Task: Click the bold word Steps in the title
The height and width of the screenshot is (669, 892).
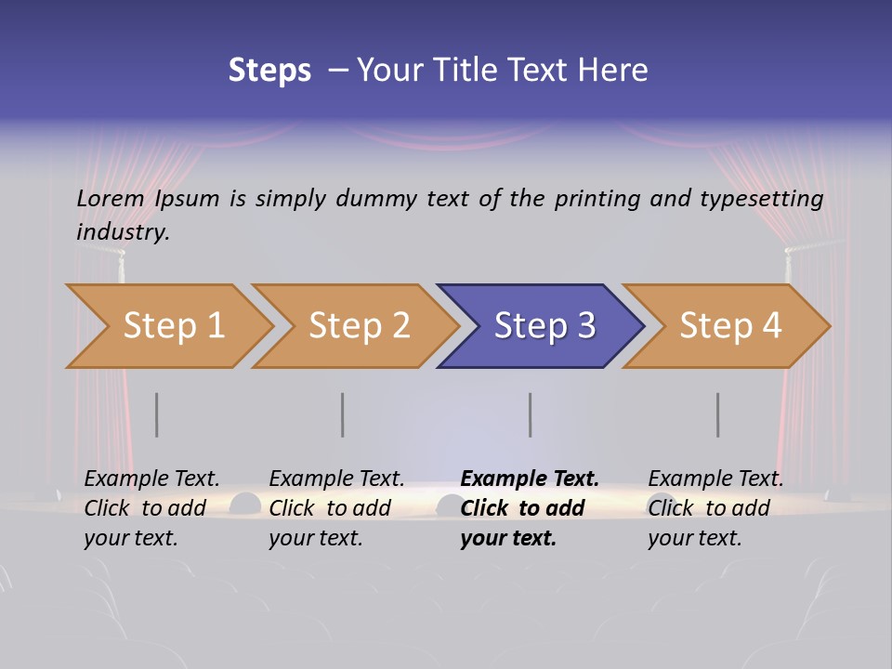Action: coord(269,71)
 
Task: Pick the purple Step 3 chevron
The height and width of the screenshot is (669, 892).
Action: coord(544,326)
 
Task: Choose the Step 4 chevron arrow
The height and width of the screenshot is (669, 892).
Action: coord(730,326)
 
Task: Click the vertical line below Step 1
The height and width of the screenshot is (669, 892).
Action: coord(157,414)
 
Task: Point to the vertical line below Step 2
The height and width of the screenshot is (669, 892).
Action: coord(343,414)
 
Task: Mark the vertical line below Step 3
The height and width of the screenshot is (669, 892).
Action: coord(531,414)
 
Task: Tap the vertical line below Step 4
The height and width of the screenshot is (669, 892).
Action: coord(718,414)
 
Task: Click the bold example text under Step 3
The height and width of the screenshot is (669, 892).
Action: coord(529,508)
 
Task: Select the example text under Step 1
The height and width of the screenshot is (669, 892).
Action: coord(151,508)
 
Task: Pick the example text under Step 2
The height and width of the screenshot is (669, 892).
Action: coord(336,508)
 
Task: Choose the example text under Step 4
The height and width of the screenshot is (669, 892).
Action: coord(715,508)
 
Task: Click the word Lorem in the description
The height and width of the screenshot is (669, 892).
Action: coord(111,199)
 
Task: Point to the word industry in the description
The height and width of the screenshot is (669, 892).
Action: coord(123,232)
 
